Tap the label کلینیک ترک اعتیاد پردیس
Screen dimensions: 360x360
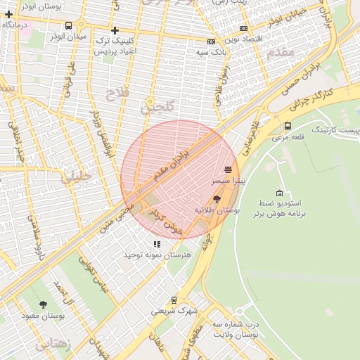(115, 46)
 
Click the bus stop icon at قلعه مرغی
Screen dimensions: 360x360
(288, 127)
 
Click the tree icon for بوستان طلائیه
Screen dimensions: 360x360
(216, 200)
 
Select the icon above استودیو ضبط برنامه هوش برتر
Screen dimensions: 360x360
(280, 193)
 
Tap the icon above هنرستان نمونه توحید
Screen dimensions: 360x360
(157, 244)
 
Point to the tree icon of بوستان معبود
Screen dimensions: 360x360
(44, 304)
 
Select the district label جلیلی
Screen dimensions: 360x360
(76, 176)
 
